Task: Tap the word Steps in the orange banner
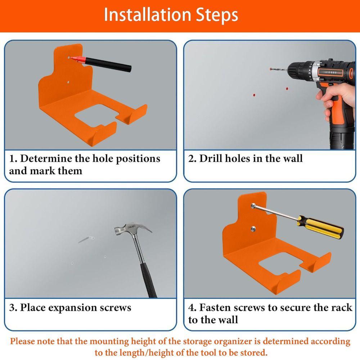(x=217, y=15)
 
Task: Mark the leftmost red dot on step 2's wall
(x=254, y=95)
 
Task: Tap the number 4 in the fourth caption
(x=192, y=308)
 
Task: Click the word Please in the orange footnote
(x=25, y=341)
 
